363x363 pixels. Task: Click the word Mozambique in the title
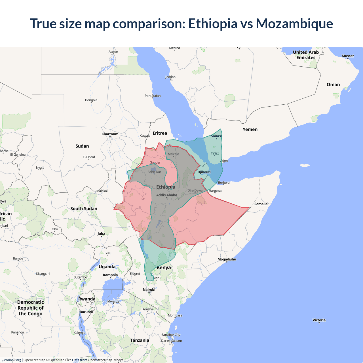point(294,24)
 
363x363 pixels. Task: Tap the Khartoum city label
point(110,134)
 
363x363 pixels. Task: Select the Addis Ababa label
point(166,195)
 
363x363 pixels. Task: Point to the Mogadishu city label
point(227,259)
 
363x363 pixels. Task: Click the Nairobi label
point(149,290)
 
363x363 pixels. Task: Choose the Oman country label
point(333,85)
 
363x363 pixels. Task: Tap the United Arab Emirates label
point(306,55)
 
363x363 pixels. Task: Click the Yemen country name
point(250,129)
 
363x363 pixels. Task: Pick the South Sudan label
point(84,208)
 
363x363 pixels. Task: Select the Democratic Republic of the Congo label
point(31,308)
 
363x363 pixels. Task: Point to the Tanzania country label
point(140,340)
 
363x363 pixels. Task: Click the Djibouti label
point(204,172)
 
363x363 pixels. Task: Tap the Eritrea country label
point(160,133)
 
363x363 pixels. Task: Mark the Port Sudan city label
point(153,96)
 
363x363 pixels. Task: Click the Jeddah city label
point(170,77)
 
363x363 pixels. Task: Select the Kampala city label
point(110,275)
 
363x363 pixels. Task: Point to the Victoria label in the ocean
point(319,320)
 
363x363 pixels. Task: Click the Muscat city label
point(348,56)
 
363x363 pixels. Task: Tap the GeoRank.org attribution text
point(11,360)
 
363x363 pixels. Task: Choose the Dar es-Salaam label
point(172,341)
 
